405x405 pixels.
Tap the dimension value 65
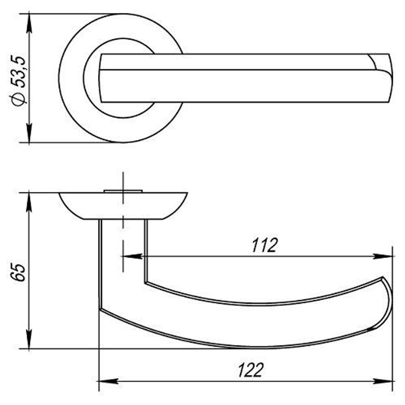(x=19, y=273)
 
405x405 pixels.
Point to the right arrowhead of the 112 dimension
(x=383, y=256)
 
